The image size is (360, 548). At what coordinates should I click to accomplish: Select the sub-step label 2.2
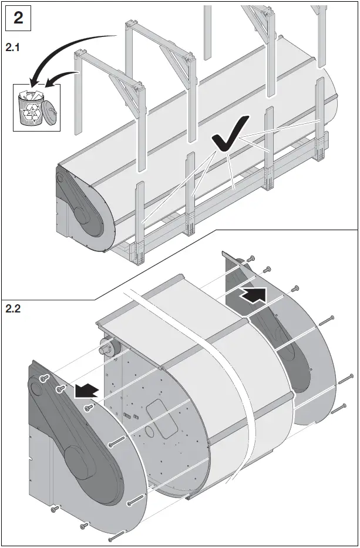pos(13,309)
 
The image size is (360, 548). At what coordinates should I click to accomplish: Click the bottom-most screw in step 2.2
pos(115,535)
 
